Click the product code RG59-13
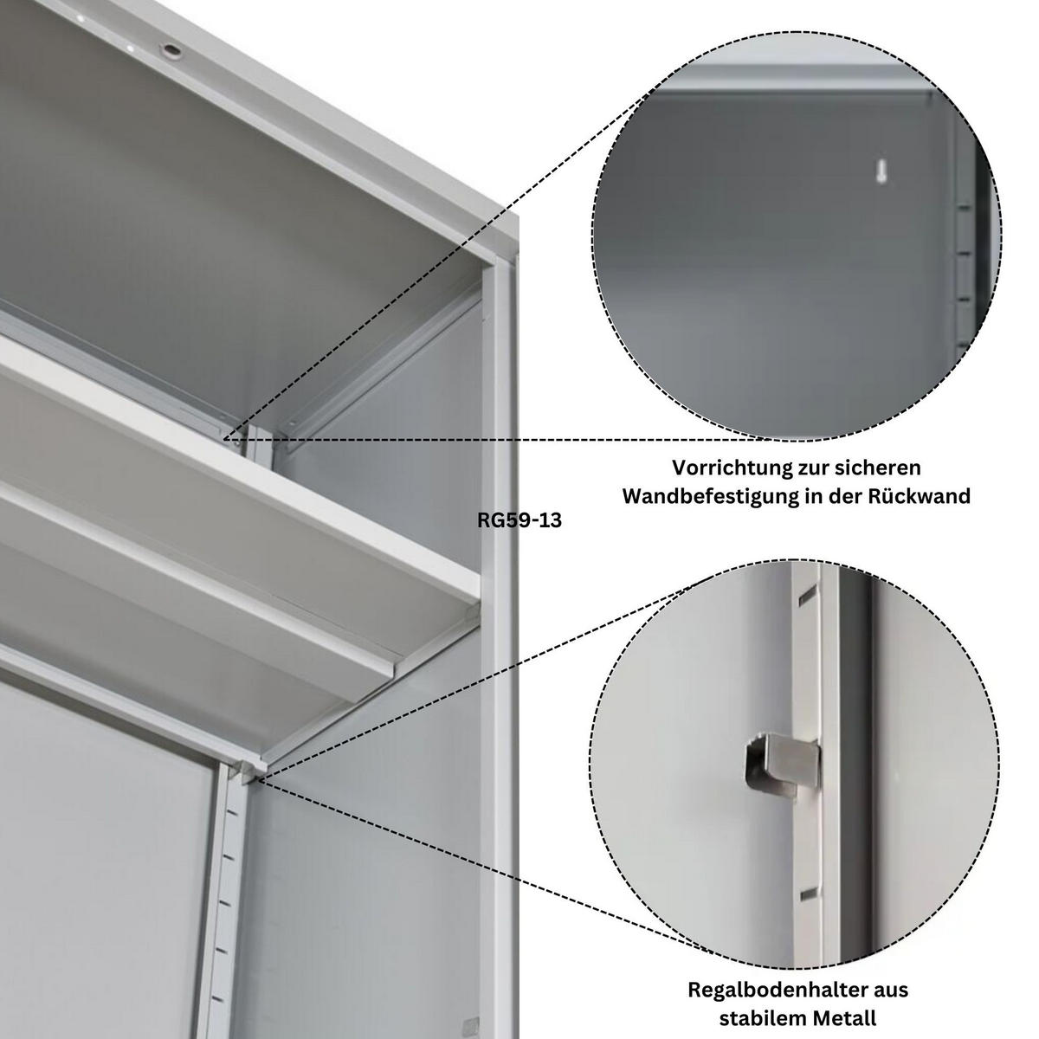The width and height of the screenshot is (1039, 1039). [x=519, y=520]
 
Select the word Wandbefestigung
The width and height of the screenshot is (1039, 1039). [x=711, y=496]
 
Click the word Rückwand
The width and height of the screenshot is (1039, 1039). [x=920, y=495]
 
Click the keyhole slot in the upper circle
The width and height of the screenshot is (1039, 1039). [x=881, y=171]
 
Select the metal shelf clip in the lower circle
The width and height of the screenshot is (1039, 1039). [x=782, y=763]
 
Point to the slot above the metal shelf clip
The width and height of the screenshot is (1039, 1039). [x=808, y=594]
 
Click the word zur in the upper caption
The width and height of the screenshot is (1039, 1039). [x=816, y=468]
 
